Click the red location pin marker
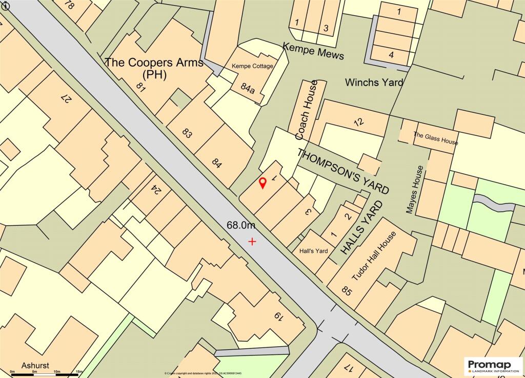pos(262,183)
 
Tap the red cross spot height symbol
pos(252,241)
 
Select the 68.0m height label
pos(241,226)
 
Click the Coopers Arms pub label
pos(154,68)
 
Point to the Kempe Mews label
pos(313,52)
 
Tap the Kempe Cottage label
pos(252,66)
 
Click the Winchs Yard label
pos(374,82)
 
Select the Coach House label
pos(307,110)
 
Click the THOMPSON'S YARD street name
pos(343,171)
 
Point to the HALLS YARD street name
pos(362,228)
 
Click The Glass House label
pos(435,139)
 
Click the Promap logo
pos(493,365)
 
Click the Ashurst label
pos(35,365)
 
